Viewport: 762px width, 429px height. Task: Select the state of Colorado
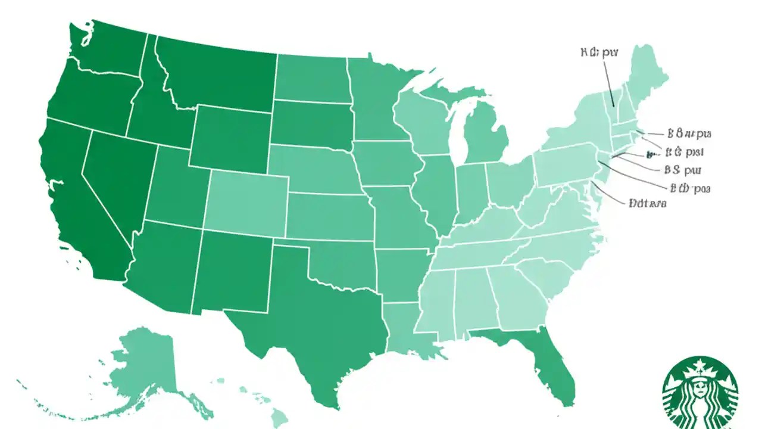click(247, 197)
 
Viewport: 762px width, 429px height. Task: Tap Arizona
click(164, 262)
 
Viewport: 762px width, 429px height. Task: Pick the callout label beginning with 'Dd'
click(647, 203)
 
